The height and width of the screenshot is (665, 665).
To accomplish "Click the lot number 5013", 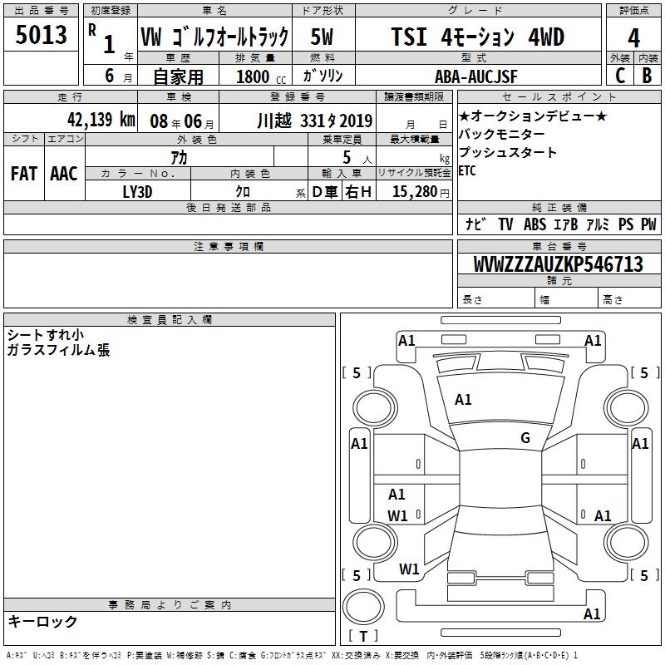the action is [x=41, y=35].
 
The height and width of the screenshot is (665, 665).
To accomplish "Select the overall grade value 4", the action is [x=633, y=38].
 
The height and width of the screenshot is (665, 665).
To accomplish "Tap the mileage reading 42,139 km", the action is [x=101, y=120].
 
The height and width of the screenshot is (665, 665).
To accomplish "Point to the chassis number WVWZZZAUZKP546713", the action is [x=558, y=264].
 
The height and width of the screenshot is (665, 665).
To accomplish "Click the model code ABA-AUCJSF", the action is [x=476, y=76].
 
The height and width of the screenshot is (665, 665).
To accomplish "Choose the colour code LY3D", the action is [x=137, y=192].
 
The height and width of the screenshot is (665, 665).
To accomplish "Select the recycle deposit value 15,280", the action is [x=415, y=192].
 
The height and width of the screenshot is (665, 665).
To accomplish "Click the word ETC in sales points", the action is [x=467, y=171].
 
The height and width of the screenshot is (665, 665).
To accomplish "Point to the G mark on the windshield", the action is [x=525, y=438].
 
